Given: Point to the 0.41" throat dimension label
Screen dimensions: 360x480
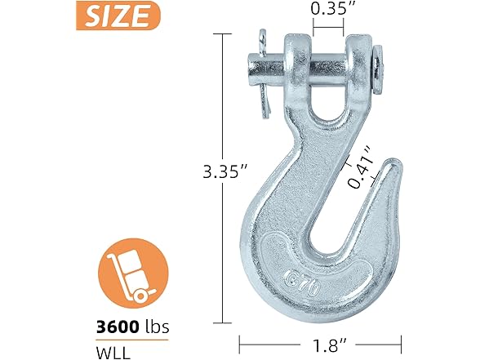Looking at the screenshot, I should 358,167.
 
